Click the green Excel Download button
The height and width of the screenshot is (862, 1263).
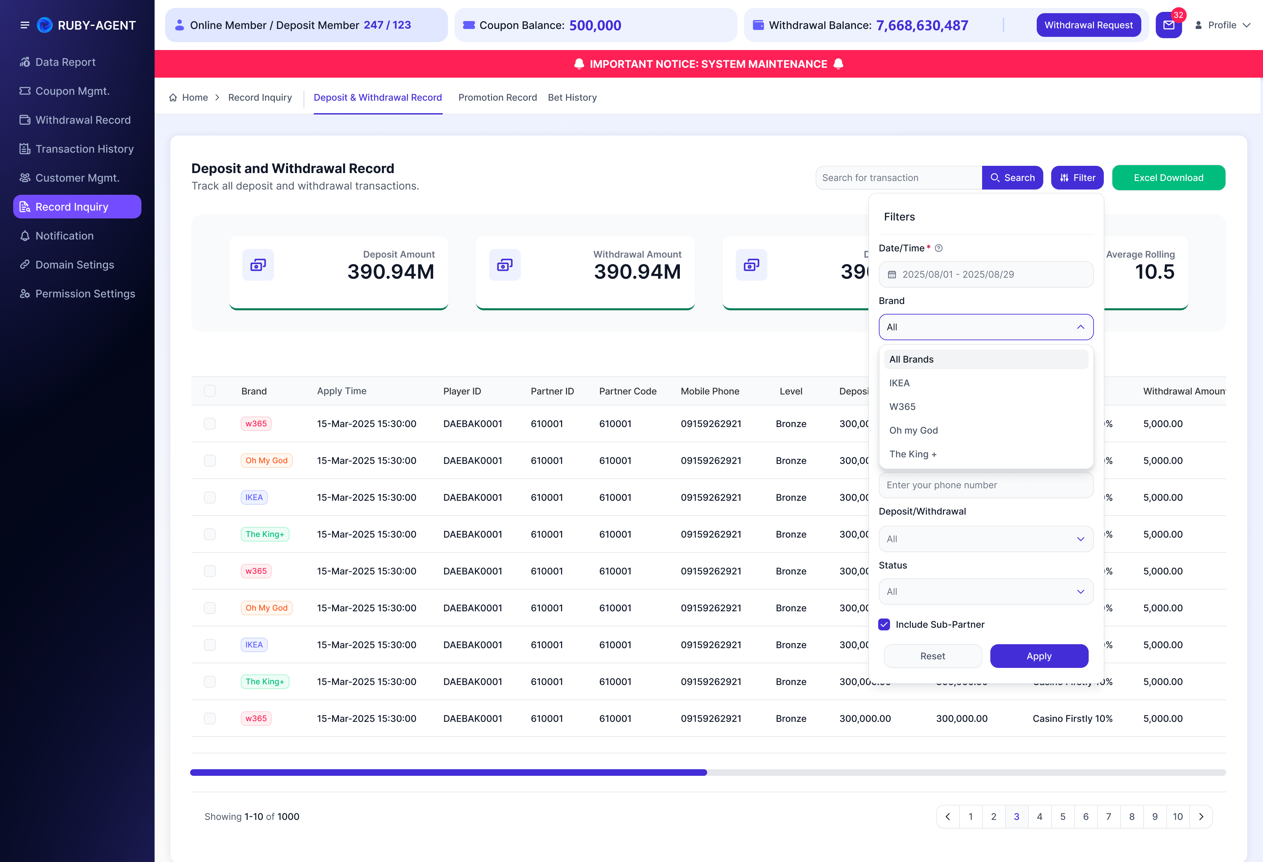tap(1168, 178)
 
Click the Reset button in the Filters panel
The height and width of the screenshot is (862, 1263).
tap(932, 656)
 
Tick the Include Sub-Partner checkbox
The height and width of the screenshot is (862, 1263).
tap(884, 624)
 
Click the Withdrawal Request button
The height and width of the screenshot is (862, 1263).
tap(1089, 25)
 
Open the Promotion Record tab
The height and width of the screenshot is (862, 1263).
tap(497, 97)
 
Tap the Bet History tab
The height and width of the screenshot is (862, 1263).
tap(572, 97)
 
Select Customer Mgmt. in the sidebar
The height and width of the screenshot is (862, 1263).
tap(77, 178)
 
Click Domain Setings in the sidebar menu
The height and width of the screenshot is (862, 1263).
tap(74, 265)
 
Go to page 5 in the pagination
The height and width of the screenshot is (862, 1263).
tap(1062, 816)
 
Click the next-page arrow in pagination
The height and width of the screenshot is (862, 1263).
tap(1201, 816)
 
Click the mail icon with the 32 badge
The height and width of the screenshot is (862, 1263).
tap(1168, 25)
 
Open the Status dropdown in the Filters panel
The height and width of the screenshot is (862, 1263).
tap(986, 591)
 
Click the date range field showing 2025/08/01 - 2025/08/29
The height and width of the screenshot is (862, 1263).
tap(986, 274)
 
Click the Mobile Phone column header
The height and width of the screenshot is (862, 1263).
tap(710, 391)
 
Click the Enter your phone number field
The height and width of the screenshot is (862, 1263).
tap(986, 485)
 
